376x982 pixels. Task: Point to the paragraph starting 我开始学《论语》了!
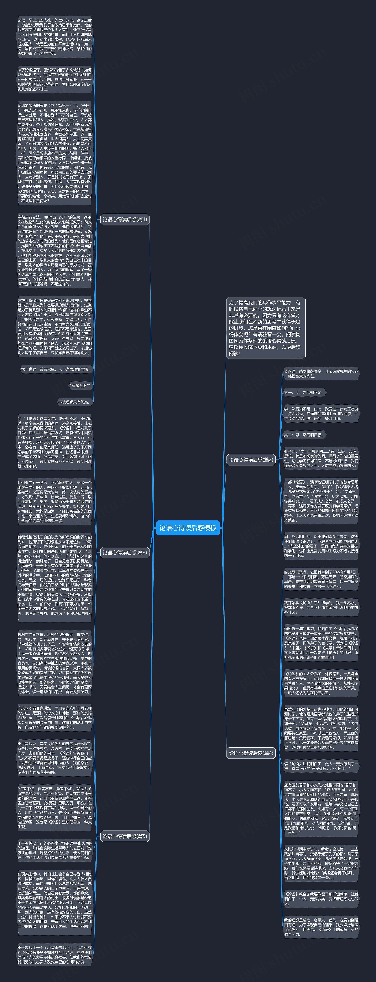coord(321,607)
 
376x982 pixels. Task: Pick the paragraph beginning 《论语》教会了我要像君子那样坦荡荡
coord(321,898)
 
